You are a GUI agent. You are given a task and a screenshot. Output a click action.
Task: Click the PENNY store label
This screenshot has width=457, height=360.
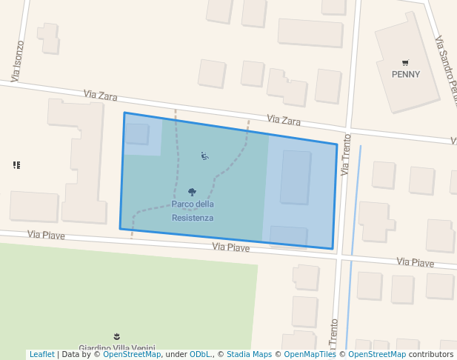point(405,74)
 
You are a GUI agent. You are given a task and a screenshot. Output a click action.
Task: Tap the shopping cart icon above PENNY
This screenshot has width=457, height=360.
point(405,63)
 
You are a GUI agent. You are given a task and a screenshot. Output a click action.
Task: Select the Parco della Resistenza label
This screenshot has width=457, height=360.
point(193,211)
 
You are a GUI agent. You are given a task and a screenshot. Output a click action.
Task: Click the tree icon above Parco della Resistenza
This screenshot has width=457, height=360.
point(193,193)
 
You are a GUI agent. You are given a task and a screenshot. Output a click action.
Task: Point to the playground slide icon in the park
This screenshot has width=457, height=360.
point(204,156)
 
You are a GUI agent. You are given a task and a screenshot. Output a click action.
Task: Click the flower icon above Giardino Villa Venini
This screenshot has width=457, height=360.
point(116,337)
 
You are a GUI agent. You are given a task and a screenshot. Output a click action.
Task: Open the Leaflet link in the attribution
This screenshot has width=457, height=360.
point(41,355)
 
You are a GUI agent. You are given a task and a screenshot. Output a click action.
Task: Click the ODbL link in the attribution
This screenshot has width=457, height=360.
point(201,355)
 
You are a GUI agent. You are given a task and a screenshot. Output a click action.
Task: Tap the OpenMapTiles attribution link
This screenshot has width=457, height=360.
point(310,355)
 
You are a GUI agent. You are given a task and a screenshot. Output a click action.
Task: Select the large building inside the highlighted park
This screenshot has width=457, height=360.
point(296,177)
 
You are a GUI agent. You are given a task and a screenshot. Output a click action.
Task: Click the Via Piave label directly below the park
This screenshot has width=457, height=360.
point(230,247)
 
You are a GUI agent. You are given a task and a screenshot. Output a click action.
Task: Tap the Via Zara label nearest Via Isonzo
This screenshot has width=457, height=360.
point(100,95)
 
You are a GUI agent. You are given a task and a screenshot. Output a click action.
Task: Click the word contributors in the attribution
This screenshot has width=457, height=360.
point(431,355)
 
